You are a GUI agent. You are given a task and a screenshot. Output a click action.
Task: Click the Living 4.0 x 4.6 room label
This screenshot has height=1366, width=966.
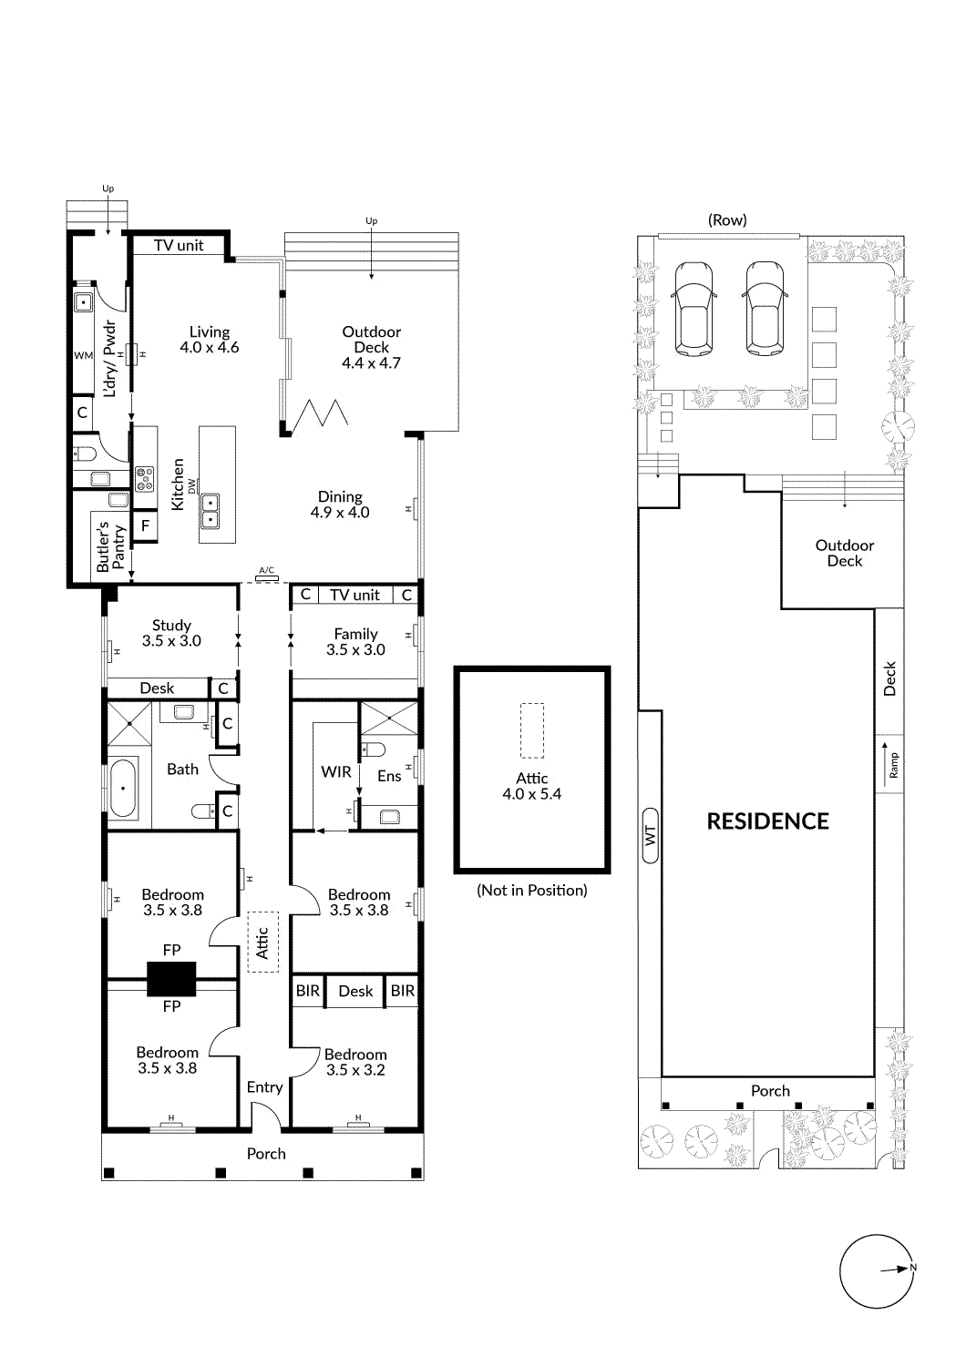(x=210, y=340)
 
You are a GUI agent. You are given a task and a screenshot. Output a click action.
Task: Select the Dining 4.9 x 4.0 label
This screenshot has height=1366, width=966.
(x=340, y=505)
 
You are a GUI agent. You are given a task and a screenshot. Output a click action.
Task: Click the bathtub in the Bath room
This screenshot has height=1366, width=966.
(x=123, y=788)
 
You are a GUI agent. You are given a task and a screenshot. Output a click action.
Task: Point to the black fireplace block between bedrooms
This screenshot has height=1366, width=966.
(x=171, y=978)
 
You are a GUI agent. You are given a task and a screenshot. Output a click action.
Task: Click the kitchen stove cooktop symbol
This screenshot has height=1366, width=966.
(x=145, y=479)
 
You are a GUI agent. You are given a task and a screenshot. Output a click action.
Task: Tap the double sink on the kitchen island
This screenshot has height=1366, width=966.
(x=210, y=512)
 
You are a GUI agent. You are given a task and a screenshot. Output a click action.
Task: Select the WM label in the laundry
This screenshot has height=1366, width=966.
(x=84, y=356)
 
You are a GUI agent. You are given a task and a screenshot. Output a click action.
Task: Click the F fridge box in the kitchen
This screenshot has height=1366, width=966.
(x=145, y=526)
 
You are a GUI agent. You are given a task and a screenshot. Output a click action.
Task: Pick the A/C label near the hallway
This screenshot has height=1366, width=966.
(x=266, y=571)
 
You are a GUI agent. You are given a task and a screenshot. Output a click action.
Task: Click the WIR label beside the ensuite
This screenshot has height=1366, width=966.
(x=335, y=772)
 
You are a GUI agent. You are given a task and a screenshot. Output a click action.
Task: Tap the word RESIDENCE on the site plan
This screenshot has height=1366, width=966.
(x=767, y=821)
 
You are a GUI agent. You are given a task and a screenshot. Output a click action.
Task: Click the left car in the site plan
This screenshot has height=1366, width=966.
(x=694, y=308)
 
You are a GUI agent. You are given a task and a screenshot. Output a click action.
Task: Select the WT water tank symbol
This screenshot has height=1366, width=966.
(x=650, y=835)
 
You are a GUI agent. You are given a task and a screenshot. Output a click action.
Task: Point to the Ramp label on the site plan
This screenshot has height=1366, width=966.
(x=894, y=765)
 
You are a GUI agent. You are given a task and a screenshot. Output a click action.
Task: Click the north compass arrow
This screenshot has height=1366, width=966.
(x=898, y=1269)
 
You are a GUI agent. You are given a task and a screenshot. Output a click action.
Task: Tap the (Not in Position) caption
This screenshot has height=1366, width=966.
(x=532, y=891)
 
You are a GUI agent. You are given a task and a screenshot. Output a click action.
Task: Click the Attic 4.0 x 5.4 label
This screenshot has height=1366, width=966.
(x=532, y=786)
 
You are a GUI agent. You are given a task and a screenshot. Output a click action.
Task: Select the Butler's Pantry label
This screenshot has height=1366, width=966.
(x=110, y=546)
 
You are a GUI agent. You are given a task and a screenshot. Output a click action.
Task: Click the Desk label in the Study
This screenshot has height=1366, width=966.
(x=157, y=688)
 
